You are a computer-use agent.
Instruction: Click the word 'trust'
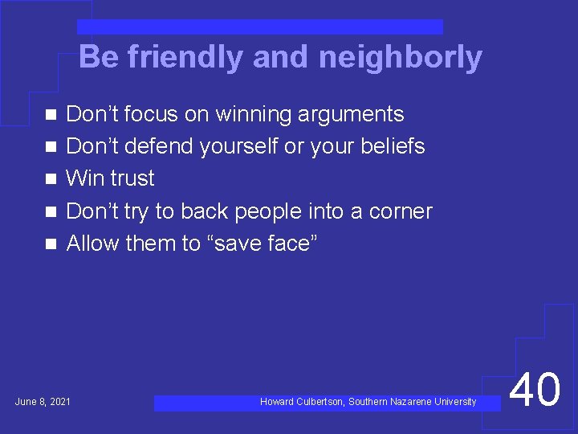click(x=132, y=178)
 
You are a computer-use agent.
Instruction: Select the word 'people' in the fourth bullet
click(x=263, y=211)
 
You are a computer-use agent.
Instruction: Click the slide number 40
click(x=535, y=391)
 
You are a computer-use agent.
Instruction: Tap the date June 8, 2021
click(x=43, y=401)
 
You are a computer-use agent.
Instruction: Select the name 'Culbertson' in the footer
click(x=320, y=402)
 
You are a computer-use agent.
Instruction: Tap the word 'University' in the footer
click(x=454, y=402)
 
